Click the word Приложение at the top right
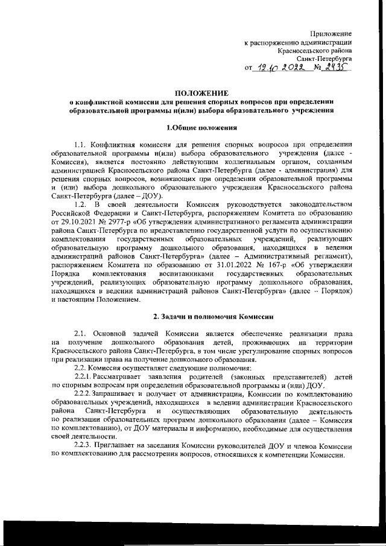[331, 32]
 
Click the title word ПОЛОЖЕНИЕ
[201, 93]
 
